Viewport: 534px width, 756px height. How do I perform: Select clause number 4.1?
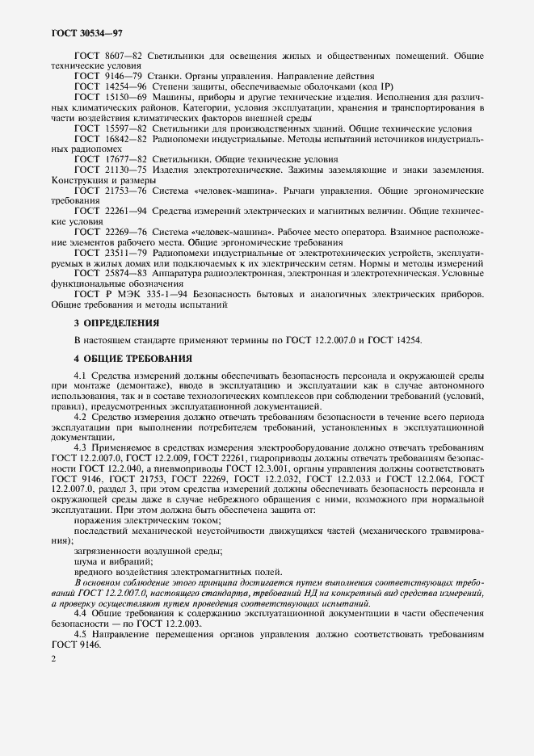(81, 377)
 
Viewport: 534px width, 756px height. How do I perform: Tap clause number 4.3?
(81, 447)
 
